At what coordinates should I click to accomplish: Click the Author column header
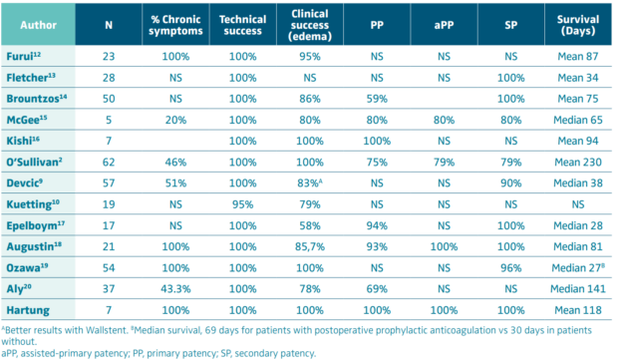click(38, 25)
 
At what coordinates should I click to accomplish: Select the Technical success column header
click(243, 25)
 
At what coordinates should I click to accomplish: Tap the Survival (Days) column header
click(578, 25)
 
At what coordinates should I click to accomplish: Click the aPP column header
click(444, 25)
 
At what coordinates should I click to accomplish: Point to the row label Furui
click(23, 57)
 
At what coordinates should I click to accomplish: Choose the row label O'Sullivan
click(34, 163)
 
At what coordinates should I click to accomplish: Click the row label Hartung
click(28, 310)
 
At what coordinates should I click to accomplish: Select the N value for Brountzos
click(109, 99)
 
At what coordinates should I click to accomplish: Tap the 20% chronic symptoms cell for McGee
click(175, 120)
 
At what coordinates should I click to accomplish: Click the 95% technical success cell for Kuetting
click(243, 204)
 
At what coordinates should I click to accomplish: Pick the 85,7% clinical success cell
click(310, 247)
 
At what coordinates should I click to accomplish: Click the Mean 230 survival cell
click(578, 163)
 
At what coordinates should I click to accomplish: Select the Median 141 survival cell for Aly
click(578, 289)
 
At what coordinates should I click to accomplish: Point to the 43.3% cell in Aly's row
click(175, 289)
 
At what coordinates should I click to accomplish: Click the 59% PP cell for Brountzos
click(377, 99)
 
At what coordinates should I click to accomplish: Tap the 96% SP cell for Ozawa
click(510, 268)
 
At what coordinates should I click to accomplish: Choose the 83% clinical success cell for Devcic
click(311, 183)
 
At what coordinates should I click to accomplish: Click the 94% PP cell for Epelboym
click(377, 225)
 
